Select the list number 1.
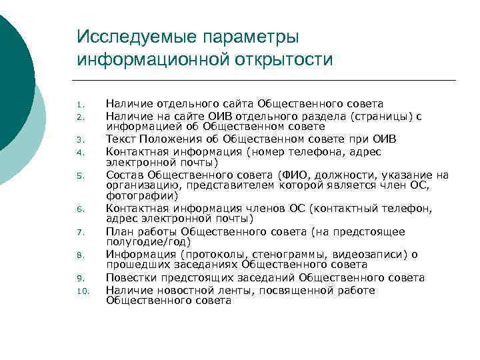coord(79,105)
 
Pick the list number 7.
coord(79,233)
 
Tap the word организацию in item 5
coord(139,186)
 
